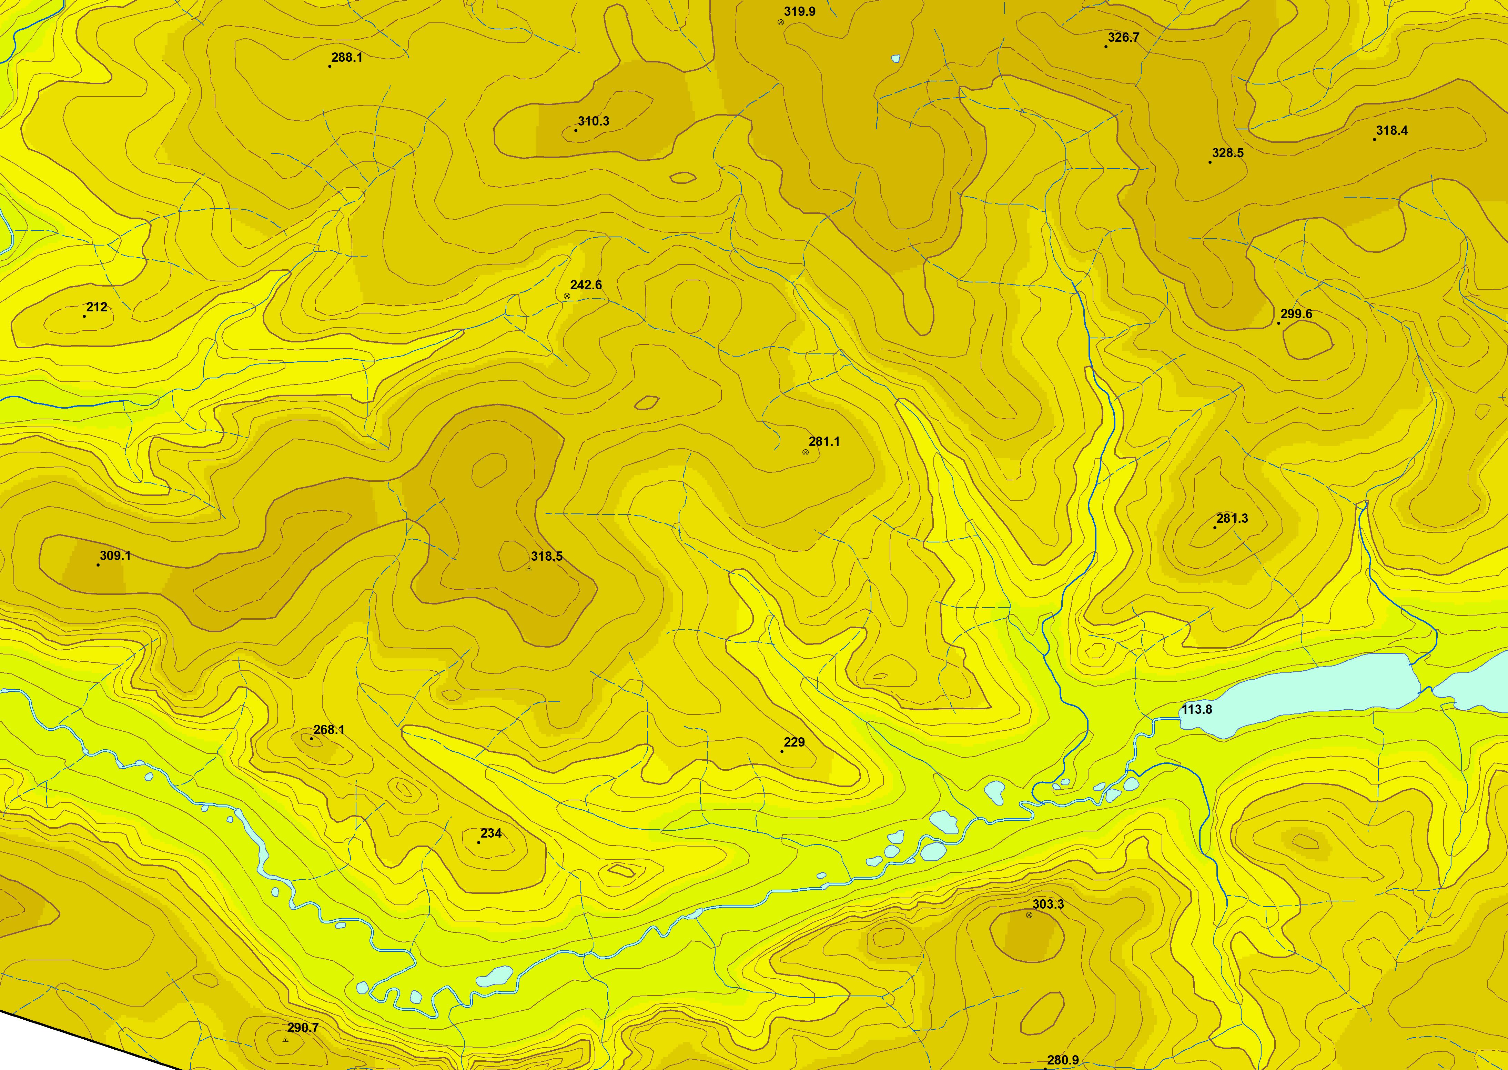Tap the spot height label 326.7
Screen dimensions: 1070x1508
coord(1123,38)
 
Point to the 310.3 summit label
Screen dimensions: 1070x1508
coord(593,121)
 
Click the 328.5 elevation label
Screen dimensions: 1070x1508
coord(1227,153)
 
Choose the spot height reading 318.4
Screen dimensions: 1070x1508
coord(1391,130)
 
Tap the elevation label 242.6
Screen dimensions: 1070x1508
coord(585,285)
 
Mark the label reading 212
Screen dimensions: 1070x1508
coord(97,307)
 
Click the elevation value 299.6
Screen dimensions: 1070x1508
coord(1296,314)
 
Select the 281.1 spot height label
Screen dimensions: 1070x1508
coord(824,441)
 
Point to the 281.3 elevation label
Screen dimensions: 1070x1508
coord(1232,519)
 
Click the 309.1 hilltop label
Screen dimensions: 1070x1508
coord(115,556)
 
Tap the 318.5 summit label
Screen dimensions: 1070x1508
coord(547,556)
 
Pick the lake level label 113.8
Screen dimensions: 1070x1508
coord(1196,710)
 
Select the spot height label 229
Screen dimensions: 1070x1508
coord(794,742)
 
